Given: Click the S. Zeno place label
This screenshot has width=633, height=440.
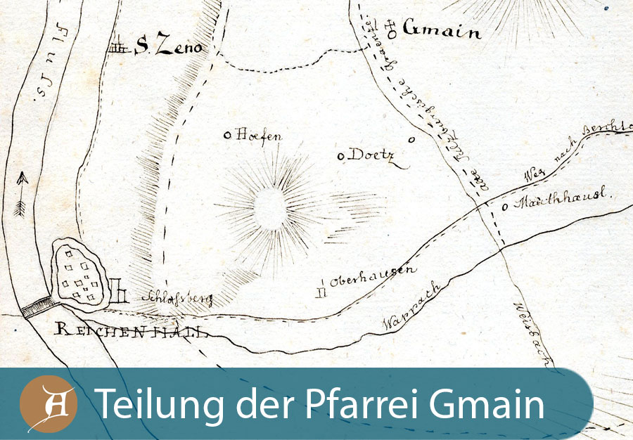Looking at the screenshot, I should coord(168,48).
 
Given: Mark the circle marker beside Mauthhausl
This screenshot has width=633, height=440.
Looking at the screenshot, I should coord(506,207).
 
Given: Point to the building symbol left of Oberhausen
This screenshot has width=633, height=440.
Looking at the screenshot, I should coord(322,286).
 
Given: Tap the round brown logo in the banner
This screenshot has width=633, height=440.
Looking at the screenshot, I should coord(48,406).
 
